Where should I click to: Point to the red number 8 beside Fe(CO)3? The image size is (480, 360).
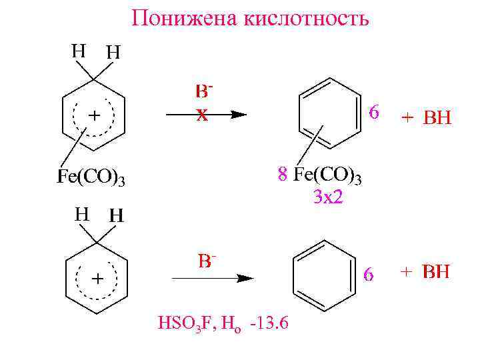pos(283,175)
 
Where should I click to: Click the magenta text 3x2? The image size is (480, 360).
pos(329,197)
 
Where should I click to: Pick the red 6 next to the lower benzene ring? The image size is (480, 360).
pos(369,274)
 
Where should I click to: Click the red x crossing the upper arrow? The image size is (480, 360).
pos(201,115)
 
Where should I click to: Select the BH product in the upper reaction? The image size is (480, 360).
pos(437,119)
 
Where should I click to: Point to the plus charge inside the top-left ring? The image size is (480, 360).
pos(94,115)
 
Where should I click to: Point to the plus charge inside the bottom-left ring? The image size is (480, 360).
pos(97,279)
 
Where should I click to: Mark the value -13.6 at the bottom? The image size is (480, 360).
pos(269,324)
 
